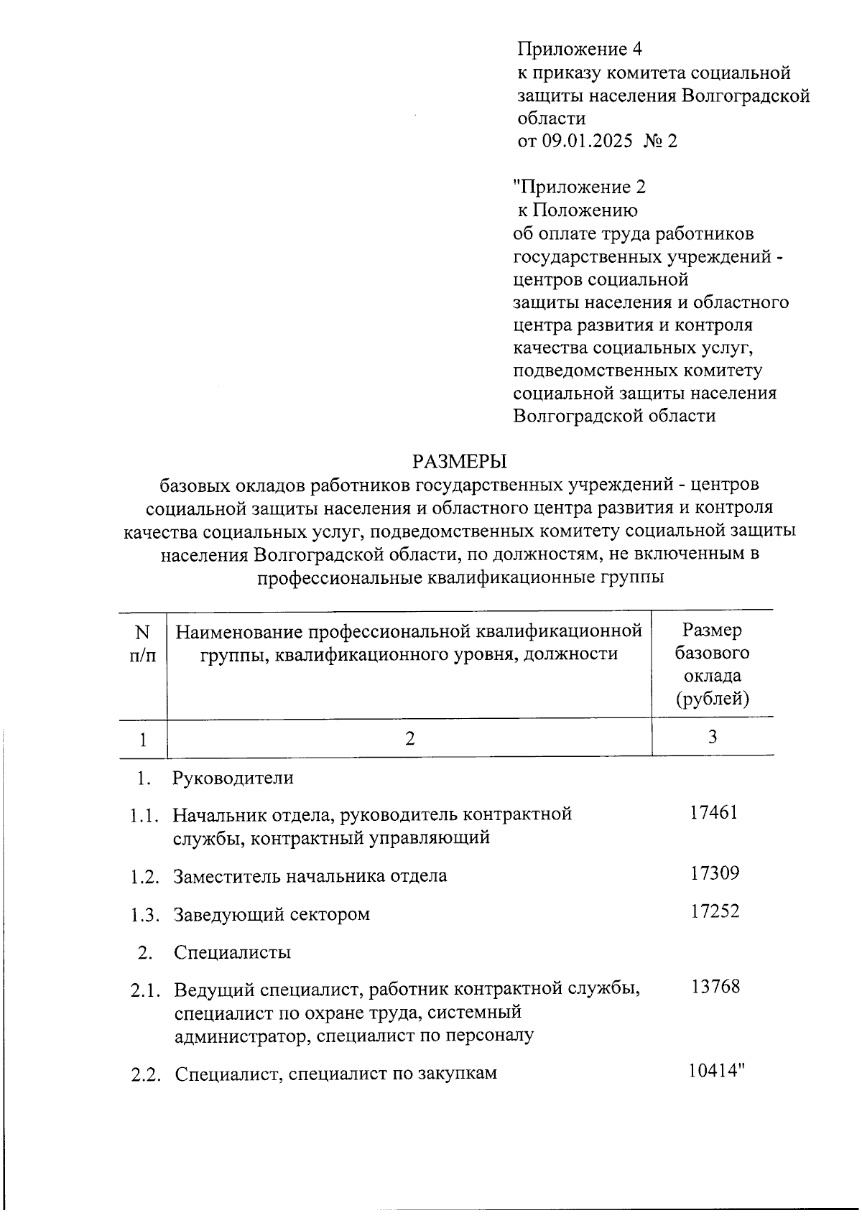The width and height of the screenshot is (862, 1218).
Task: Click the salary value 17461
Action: (713, 813)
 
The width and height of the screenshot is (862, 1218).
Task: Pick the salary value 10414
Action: (713, 1071)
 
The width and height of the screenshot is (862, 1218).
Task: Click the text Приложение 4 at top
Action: (579, 49)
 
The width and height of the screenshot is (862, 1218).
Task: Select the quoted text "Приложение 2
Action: (580, 187)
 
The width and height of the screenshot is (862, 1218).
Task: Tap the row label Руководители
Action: (233, 777)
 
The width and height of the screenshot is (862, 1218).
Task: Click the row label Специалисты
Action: (232, 952)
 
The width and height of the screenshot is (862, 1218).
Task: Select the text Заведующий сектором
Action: (272, 915)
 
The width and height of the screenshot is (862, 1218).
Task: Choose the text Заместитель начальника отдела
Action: (310, 876)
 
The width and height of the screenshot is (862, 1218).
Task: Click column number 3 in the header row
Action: (713, 736)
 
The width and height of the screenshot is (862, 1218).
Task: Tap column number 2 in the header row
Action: (409, 738)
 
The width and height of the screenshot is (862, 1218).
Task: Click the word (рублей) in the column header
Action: (712, 699)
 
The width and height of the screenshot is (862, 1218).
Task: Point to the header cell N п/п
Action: (142, 643)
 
